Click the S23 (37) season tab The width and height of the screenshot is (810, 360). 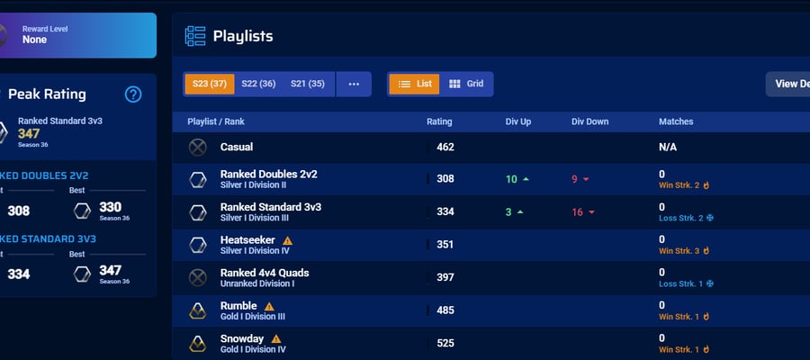(x=209, y=85)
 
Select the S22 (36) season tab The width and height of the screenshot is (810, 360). (x=258, y=85)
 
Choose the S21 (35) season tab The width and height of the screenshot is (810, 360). (x=308, y=85)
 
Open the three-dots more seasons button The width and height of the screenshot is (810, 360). (x=354, y=85)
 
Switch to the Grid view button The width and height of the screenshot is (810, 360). (x=466, y=85)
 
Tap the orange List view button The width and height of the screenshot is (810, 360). (x=414, y=85)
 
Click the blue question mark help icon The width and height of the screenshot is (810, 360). (x=133, y=94)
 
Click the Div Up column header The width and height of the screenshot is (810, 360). (x=518, y=121)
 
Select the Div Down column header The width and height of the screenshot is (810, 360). (x=589, y=121)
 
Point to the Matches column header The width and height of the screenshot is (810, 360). (x=676, y=121)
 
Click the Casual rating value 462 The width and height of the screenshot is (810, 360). (x=445, y=148)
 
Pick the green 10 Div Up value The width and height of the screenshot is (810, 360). (x=511, y=179)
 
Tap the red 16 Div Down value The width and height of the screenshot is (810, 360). (x=577, y=212)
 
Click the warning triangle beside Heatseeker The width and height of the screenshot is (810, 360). (x=288, y=240)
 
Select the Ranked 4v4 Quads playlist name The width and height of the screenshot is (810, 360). (x=265, y=273)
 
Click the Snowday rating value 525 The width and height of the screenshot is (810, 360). (x=445, y=344)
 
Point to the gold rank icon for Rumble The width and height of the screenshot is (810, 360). (x=197, y=310)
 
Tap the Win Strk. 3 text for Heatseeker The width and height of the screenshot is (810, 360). (x=679, y=251)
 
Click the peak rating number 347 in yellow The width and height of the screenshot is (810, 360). (x=29, y=134)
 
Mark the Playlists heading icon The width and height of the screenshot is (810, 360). (x=195, y=36)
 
